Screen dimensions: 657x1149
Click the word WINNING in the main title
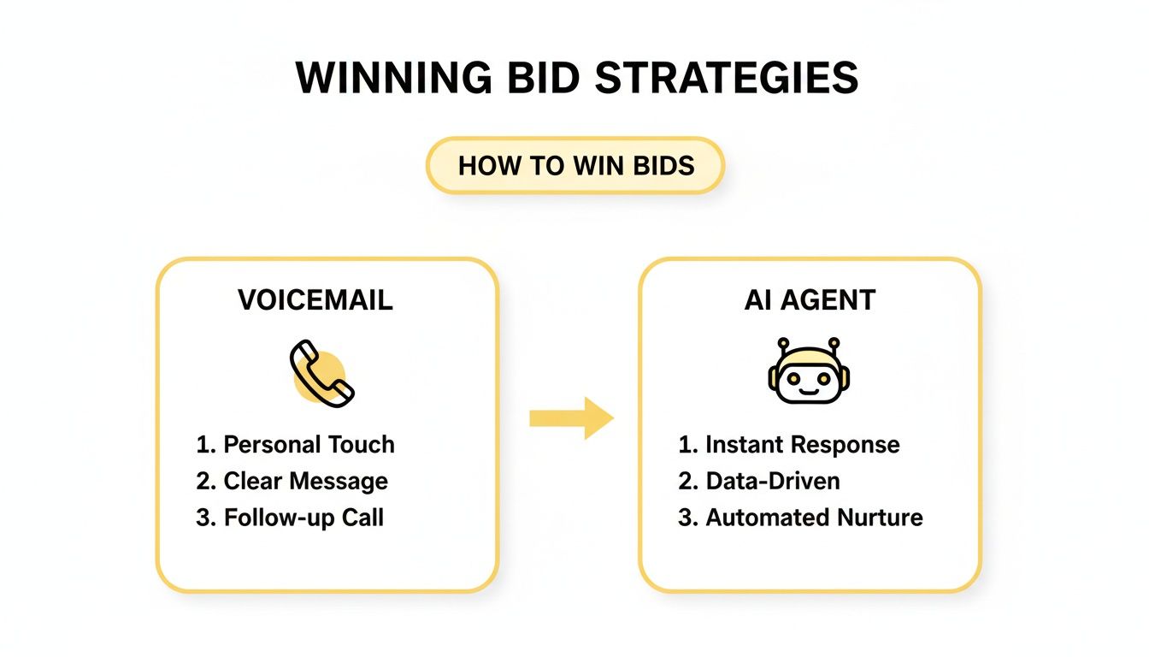pos(394,79)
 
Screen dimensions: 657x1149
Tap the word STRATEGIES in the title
pos(727,79)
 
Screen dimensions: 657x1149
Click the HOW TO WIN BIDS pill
pos(575,165)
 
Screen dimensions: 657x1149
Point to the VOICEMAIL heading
pos(315,300)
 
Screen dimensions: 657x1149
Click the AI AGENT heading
pos(810,300)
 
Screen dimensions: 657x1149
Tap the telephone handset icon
pos(321,373)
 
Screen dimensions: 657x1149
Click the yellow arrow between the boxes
pos(571,417)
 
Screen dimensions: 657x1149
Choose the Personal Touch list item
pos(296,445)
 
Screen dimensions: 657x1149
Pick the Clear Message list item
pos(292,482)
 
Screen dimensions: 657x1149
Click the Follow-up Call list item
pos(290,518)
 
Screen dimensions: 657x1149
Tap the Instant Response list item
pos(789,445)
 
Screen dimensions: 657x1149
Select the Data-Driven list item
pos(759,482)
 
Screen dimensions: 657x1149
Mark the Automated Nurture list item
pos(800,518)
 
